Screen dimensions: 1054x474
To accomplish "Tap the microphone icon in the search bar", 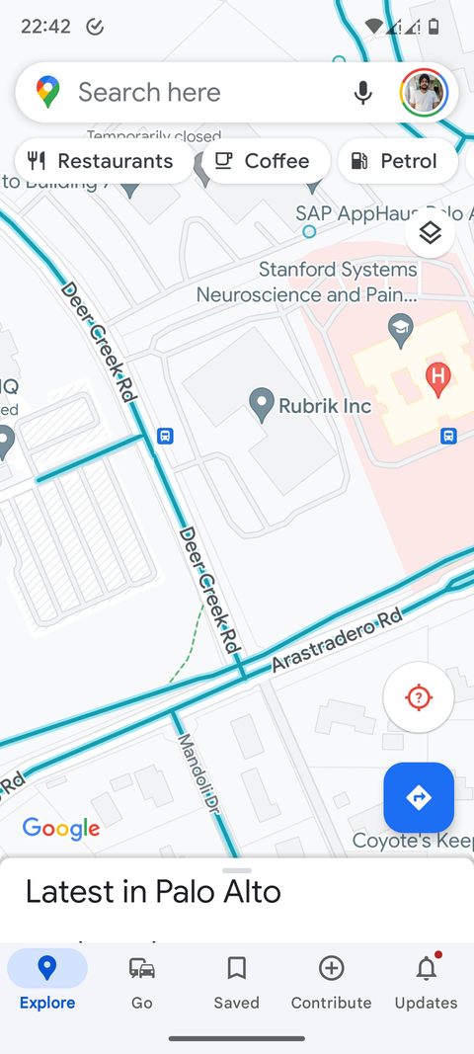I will click(x=363, y=93).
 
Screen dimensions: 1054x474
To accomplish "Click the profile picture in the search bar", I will click(x=424, y=93).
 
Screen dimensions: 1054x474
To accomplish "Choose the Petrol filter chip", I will click(x=397, y=161).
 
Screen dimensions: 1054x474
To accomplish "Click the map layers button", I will click(x=430, y=233).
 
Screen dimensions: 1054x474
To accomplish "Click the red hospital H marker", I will click(x=437, y=376).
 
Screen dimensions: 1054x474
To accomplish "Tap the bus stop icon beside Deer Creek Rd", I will click(x=165, y=436).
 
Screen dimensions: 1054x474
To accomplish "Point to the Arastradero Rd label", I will click(x=337, y=642).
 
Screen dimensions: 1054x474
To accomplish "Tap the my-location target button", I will click(x=419, y=697).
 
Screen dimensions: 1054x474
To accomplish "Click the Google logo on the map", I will click(x=61, y=828).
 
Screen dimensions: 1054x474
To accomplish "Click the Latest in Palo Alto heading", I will click(x=153, y=892).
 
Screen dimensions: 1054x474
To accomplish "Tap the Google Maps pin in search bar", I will click(x=47, y=93).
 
